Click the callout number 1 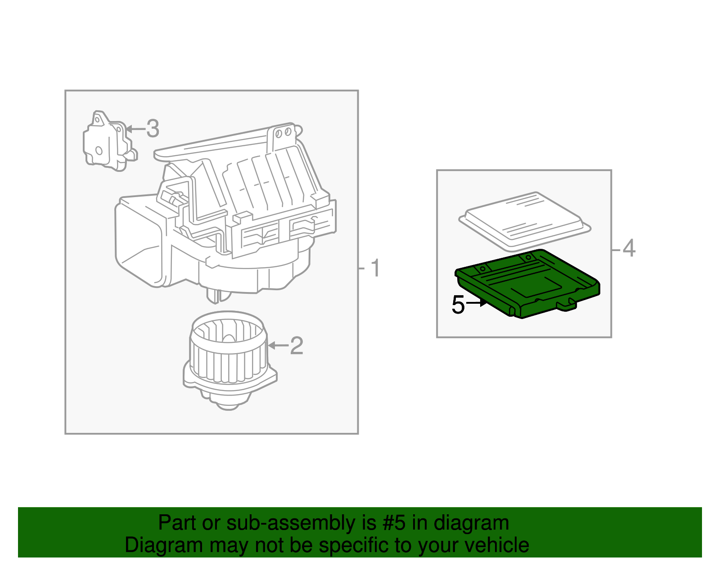(x=375, y=269)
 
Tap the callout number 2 (x=297, y=346)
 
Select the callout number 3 (x=153, y=129)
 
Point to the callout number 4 (x=629, y=248)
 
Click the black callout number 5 (x=458, y=305)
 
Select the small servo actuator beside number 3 (x=108, y=143)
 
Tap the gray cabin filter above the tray (x=524, y=220)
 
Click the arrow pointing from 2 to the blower (x=278, y=346)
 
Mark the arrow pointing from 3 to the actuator (x=135, y=129)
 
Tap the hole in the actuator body (x=99, y=151)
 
